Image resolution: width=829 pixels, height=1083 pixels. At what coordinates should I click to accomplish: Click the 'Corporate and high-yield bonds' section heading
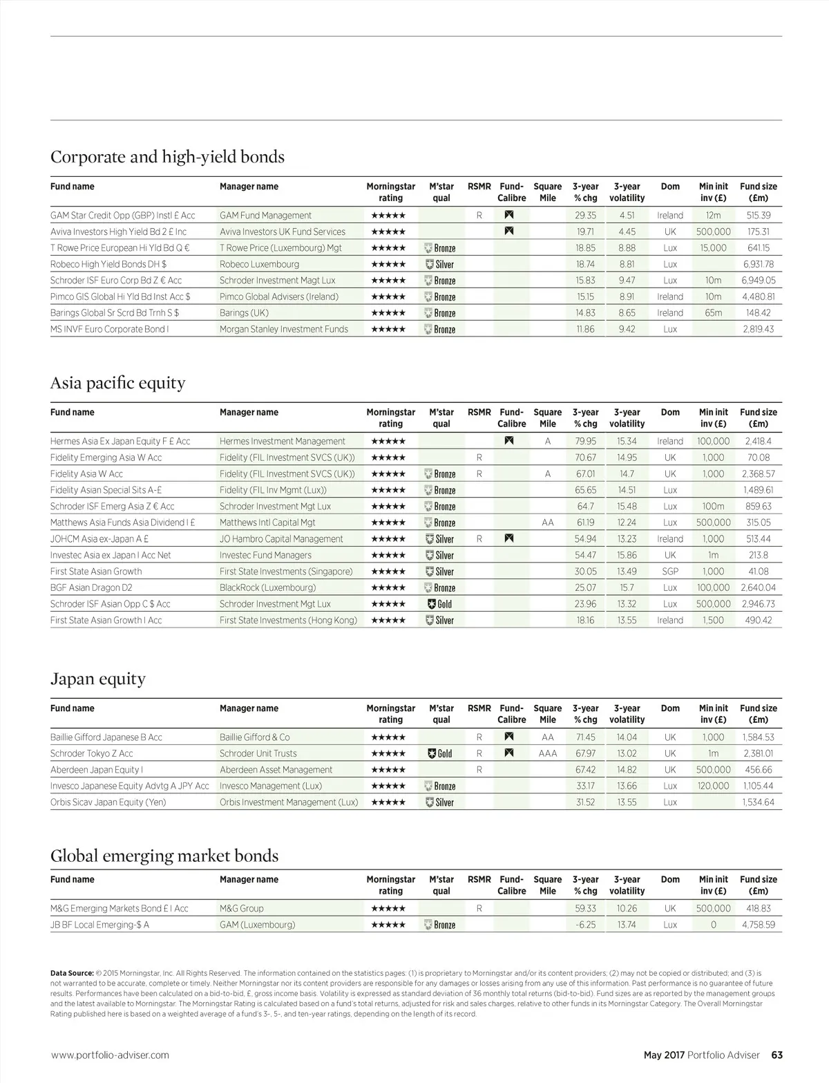167,157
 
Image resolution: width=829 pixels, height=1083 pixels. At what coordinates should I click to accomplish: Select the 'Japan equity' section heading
98,679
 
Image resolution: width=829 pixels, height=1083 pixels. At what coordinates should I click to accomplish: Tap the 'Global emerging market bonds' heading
164,856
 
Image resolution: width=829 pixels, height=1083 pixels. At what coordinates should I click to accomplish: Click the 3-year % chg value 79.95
585,441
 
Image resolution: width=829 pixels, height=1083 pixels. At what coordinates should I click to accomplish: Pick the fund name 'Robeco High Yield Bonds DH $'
108,264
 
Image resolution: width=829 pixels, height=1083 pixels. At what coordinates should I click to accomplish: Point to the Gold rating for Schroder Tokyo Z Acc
440,753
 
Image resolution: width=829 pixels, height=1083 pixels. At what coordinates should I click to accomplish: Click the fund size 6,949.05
758,280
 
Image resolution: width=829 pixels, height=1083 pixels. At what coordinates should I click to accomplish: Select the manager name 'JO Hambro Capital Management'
281,539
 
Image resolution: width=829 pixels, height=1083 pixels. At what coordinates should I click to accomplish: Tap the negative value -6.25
585,925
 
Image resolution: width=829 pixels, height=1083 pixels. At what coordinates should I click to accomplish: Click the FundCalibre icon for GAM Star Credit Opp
509,215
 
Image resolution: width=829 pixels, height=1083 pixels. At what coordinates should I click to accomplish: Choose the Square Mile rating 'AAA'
548,753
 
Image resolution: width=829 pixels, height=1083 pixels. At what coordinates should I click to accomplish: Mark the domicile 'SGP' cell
670,572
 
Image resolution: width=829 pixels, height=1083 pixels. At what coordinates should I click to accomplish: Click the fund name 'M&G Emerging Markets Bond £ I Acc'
120,908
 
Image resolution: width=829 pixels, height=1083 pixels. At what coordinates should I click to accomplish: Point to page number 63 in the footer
776,1055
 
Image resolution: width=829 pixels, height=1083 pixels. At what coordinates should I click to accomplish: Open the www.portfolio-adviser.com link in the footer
110,1055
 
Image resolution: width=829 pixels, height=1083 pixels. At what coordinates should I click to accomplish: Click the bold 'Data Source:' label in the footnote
72,973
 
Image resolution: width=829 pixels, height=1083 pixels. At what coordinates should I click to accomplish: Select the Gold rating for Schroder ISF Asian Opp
440,604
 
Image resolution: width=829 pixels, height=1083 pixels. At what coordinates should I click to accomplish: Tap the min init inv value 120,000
713,786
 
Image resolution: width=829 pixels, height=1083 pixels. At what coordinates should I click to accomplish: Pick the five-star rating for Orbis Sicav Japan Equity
388,802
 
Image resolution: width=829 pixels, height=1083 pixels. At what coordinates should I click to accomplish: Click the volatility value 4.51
627,215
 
